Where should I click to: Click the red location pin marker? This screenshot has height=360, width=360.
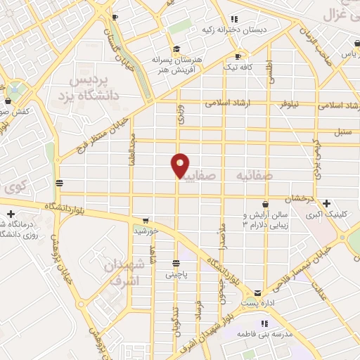[x=180, y=167]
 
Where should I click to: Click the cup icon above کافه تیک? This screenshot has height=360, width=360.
[x=238, y=56]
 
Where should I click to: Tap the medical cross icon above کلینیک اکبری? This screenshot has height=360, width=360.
[x=327, y=203]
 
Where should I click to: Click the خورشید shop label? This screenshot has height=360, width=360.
[x=146, y=230]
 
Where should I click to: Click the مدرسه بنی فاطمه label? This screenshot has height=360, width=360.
[x=264, y=334]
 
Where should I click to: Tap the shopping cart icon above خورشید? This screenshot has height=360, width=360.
[x=146, y=219]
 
